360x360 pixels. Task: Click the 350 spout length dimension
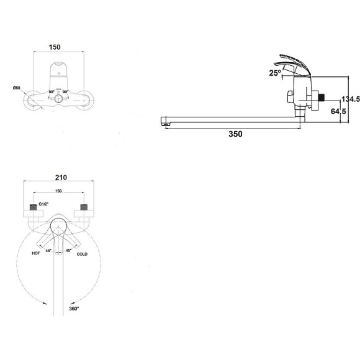click(x=235, y=134)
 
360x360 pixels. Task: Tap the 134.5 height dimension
click(x=351, y=99)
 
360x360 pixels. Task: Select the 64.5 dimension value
click(x=338, y=111)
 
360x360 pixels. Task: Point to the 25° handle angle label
click(x=275, y=73)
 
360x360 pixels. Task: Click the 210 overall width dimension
click(x=61, y=178)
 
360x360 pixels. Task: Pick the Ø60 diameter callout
click(x=17, y=88)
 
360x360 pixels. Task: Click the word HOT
click(x=36, y=253)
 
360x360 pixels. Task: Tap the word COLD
click(x=82, y=254)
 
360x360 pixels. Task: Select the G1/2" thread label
click(x=43, y=204)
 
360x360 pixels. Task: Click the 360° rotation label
click(x=74, y=308)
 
